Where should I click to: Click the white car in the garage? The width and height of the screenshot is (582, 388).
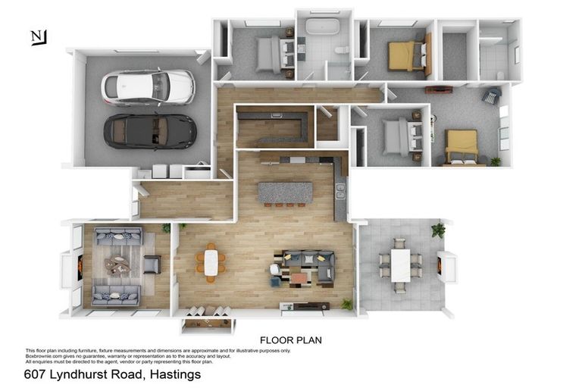pyautogui.click(x=148, y=86)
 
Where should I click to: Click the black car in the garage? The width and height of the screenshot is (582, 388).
pyautogui.click(x=149, y=131)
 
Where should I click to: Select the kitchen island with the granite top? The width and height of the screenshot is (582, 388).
pyautogui.click(x=286, y=192)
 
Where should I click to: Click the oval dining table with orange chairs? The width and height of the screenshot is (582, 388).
pyautogui.click(x=211, y=263)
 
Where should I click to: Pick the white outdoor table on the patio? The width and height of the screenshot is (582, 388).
pyautogui.click(x=400, y=265)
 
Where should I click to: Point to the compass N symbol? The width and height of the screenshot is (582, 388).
pyautogui.click(x=38, y=37)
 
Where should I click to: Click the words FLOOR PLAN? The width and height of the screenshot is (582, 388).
pyautogui.click(x=290, y=340)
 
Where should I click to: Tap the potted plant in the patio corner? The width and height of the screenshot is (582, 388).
pyautogui.click(x=438, y=230)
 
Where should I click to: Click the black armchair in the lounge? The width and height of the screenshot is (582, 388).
pyautogui.click(x=152, y=264)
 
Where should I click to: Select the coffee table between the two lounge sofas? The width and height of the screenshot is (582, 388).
pyautogui.click(x=117, y=265)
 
